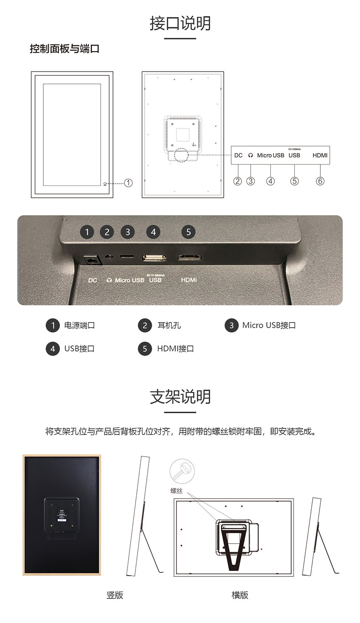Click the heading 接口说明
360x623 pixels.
point(180,23)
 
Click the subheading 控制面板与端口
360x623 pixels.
point(64,49)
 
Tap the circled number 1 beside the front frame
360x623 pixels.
point(129,183)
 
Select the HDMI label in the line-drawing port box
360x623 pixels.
point(320,155)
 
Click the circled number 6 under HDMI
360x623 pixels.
point(320,181)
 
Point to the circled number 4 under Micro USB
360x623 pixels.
point(271,181)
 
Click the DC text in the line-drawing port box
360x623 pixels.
point(238,155)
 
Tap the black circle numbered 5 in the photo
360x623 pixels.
point(189,232)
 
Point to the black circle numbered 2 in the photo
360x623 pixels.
point(107,232)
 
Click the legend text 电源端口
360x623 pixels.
point(79,325)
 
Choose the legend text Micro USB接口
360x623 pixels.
point(269,325)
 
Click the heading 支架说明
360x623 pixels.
point(180,396)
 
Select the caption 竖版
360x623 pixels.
point(115,595)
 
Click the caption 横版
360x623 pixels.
point(240,595)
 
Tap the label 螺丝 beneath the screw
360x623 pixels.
point(176,490)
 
